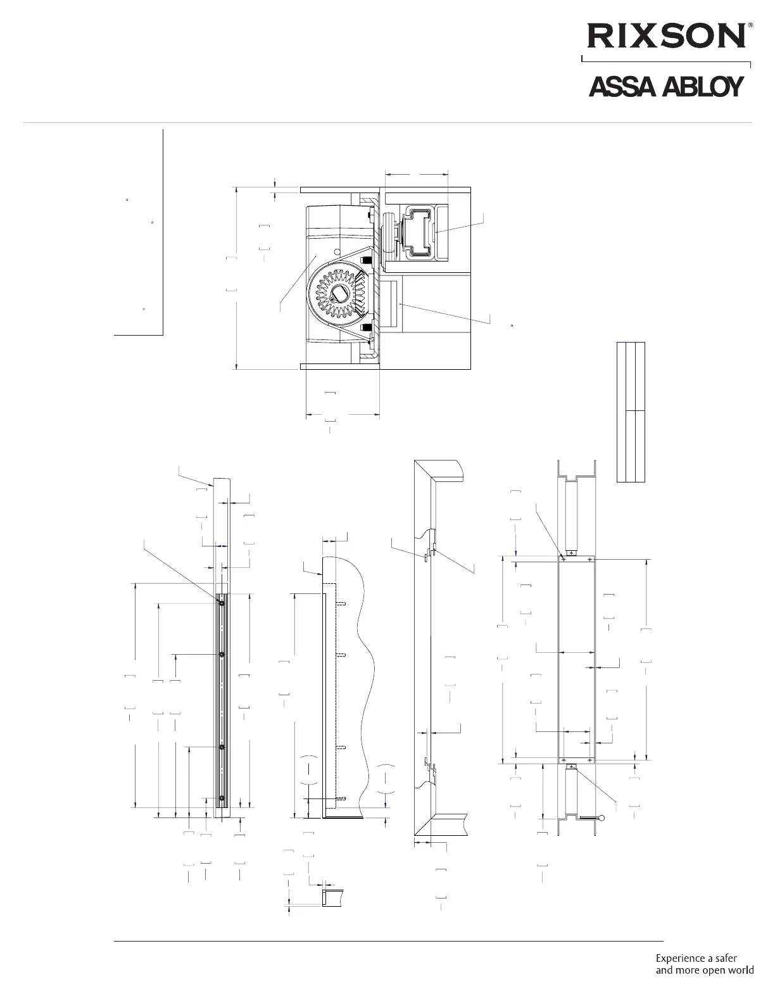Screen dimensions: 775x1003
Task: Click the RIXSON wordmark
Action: click(666, 37)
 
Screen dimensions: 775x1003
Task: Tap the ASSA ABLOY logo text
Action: click(666, 86)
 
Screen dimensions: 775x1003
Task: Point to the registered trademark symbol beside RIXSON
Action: click(750, 27)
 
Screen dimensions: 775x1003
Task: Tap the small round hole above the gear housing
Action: click(337, 251)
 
